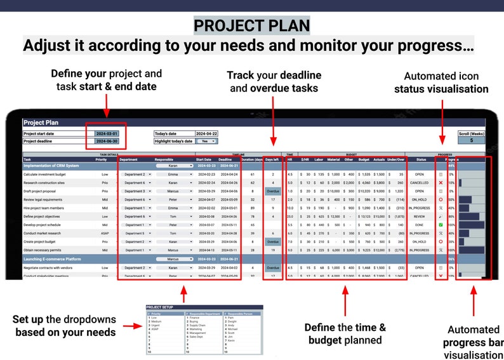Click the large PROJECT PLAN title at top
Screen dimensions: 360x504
pyautogui.click(x=251, y=26)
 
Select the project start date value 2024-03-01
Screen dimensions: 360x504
pyautogui.click(x=106, y=134)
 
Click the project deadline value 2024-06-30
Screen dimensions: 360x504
pyautogui.click(x=106, y=141)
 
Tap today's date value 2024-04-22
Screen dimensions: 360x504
pyautogui.click(x=207, y=134)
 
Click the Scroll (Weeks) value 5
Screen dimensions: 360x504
pyautogui.click(x=470, y=141)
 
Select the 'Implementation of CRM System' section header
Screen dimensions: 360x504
pyautogui.click(x=51, y=165)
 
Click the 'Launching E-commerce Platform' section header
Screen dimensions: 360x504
pyautogui.click(x=53, y=259)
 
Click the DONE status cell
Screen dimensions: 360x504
pyautogui.click(x=420, y=225)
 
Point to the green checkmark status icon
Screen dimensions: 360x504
pyautogui.click(x=441, y=225)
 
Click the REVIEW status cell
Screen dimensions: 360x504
pyautogui.click(x=420, y=217)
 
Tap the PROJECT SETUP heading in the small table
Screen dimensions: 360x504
pyautogui.click(x=159, y=306)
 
